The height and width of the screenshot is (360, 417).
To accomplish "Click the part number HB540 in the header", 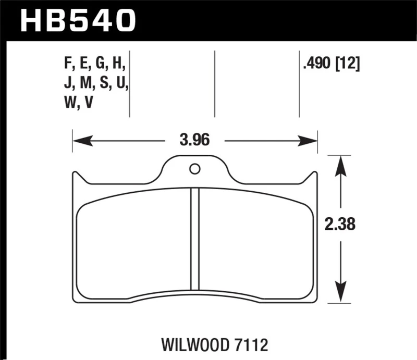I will (77, 21).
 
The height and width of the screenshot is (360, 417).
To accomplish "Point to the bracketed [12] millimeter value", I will (348, 64).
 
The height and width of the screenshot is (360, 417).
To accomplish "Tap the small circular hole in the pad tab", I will (194, 169).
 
